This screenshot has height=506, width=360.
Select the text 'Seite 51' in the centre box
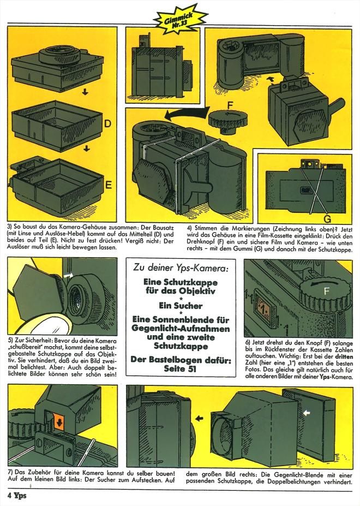point(180,370)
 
